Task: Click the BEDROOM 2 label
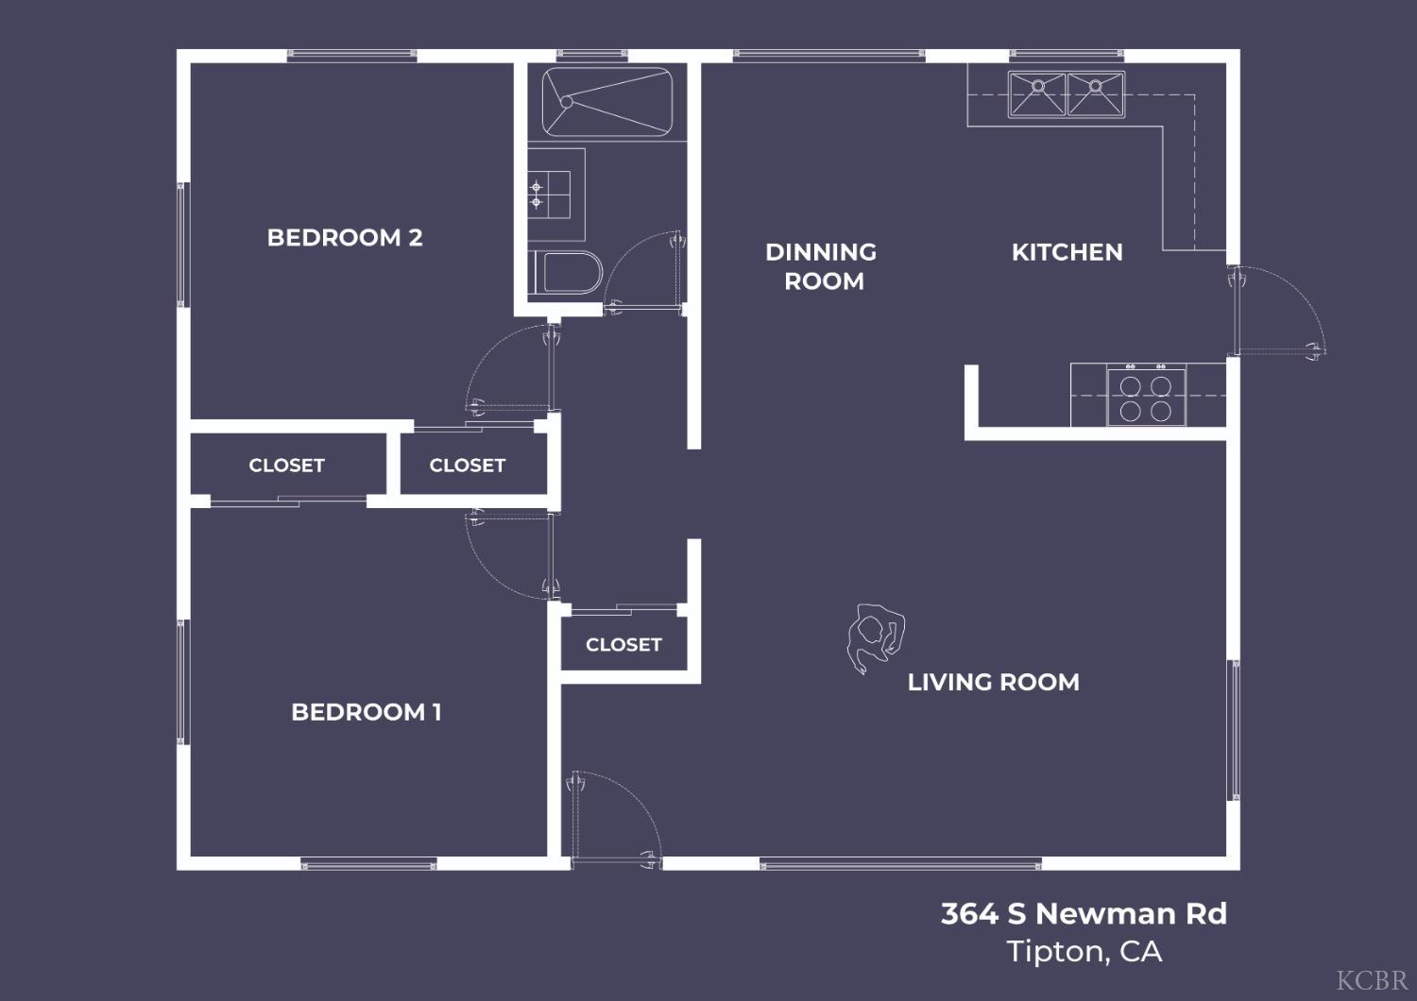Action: coord(345,237)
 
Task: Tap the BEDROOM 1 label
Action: coord(366,711)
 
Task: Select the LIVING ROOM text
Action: coord(993,682)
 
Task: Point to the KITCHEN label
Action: coord(1067,252)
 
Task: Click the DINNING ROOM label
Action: coord(822,266)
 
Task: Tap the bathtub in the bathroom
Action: coord(606,101)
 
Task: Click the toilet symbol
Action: coord(568,272)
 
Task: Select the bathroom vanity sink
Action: coord(550,195)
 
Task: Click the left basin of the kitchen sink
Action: coord(1037,94)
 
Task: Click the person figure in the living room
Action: coord(875,636)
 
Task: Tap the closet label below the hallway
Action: coord(623,644)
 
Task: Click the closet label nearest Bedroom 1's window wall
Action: coord(286,465)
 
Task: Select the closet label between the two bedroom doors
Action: coord(467,465)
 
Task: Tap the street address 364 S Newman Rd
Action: coord(1084,913)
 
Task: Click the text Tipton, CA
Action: coord(1084,951)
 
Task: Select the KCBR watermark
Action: coord(1372,979)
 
